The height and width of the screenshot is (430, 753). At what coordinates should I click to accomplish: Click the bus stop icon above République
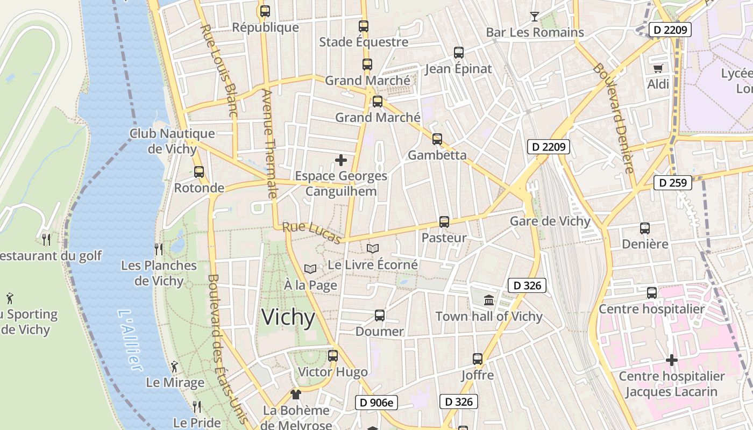(265, 11)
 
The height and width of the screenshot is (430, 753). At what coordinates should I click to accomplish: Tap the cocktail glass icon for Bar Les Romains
(534, 17)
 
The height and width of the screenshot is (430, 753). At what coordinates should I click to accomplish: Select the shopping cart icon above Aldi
(658, 68)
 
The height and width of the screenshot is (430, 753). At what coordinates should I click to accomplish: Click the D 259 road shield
(672, 183)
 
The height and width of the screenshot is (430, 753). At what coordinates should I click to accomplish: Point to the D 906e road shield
(376, 402)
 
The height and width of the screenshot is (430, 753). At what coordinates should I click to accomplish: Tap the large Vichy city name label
(288, 318)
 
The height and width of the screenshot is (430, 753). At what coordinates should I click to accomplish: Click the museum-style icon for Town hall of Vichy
(489, 300)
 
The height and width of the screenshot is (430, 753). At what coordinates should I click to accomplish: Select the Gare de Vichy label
(550, 221)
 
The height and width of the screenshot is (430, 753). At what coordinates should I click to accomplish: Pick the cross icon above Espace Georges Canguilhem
(340, 160)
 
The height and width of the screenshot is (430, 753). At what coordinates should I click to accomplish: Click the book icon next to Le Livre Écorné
(373, 248)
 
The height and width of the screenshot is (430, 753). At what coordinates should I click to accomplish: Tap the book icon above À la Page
(310, 269)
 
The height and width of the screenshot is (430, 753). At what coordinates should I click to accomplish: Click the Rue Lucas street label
(312, 232)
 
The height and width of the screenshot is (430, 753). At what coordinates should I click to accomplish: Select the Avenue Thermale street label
(269, 142)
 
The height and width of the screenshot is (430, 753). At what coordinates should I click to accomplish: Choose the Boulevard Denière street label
(614, 118)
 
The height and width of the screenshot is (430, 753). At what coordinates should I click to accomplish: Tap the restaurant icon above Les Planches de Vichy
(158, 249)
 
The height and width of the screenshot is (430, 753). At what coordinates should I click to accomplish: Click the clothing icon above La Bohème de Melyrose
(295, 395)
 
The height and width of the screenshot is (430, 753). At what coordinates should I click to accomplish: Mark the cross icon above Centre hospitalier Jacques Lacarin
(671, 360)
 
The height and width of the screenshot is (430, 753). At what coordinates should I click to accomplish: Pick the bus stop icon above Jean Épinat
(458, 53)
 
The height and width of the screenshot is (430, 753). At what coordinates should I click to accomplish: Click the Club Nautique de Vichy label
(172, 141)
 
